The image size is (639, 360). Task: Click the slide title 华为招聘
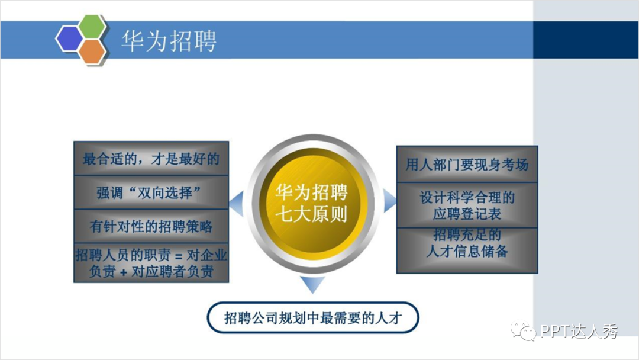point(169,41)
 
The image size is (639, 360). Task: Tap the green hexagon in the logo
point(93,27)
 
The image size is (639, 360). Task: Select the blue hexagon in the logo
point(70,39)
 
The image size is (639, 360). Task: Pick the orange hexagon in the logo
point(92,52)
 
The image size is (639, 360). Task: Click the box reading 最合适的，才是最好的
point(151,159)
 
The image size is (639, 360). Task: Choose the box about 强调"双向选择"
point(151,192)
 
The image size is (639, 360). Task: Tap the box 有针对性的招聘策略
point(151,226)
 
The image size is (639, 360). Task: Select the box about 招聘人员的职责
point(151,263)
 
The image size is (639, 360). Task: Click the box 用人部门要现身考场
point(467,165)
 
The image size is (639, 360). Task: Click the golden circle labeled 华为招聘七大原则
point(312,202)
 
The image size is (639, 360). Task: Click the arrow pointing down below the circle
point(312,284)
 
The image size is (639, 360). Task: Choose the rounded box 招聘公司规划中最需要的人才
point(313,319)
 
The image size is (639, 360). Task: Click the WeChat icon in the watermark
point(524,331)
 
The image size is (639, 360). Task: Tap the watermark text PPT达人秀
point(579,332)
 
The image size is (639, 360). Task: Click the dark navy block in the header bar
point(586,40)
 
